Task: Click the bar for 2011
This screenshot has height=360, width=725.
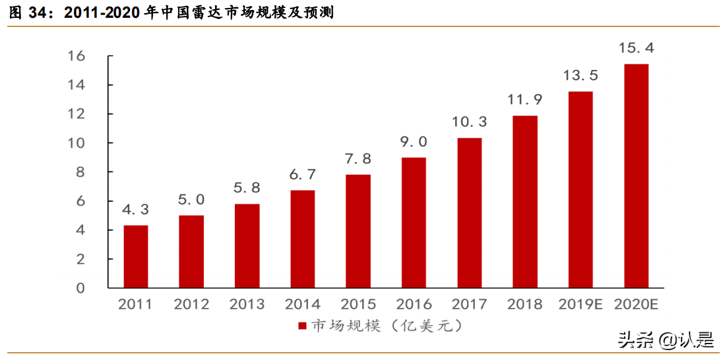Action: (x=136, y=256)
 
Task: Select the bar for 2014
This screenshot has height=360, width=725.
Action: (x=303, y=239)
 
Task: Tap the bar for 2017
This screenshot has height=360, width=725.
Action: (x=469, y=213)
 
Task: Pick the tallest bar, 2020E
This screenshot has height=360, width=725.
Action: (x=636, y=176)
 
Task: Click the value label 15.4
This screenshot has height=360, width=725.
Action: (x=636, y=47)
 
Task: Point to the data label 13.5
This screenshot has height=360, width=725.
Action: (x=581, y=75)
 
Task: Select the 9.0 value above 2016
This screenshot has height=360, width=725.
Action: (x=414, y=141)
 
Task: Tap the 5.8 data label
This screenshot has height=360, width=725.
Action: (x=247, y=187)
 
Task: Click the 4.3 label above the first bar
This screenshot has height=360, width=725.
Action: (x=136, y=210)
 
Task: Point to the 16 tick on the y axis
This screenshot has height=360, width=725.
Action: (x=77, y=56)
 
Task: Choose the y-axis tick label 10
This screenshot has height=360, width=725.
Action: (x=77, y=143)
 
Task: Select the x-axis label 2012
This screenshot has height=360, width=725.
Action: (x=191, y=305)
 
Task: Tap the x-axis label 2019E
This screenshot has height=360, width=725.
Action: (x=581, y=305)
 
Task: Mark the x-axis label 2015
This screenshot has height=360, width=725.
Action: (x=358, y=305)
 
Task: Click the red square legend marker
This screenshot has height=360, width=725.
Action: (x=302, y=326)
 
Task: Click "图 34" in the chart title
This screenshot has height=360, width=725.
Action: (x=29, y=13)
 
